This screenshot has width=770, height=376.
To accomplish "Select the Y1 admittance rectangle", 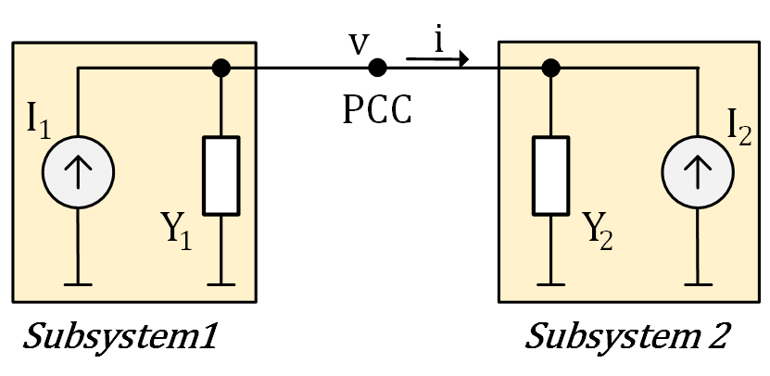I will (x=221, y=175).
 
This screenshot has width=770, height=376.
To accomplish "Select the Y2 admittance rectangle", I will (x=550, y=175).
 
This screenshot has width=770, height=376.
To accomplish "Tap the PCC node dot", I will (x=377, y=68).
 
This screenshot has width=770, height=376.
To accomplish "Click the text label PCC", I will (x=377, y=109).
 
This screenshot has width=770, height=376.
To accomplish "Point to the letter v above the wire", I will (x=355, y=44).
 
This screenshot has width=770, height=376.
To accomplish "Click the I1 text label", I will (x=38, y=120).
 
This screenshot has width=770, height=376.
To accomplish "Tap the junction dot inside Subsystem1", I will (x=221, y=68).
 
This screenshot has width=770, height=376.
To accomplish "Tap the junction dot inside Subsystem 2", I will (x=550, y=68).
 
